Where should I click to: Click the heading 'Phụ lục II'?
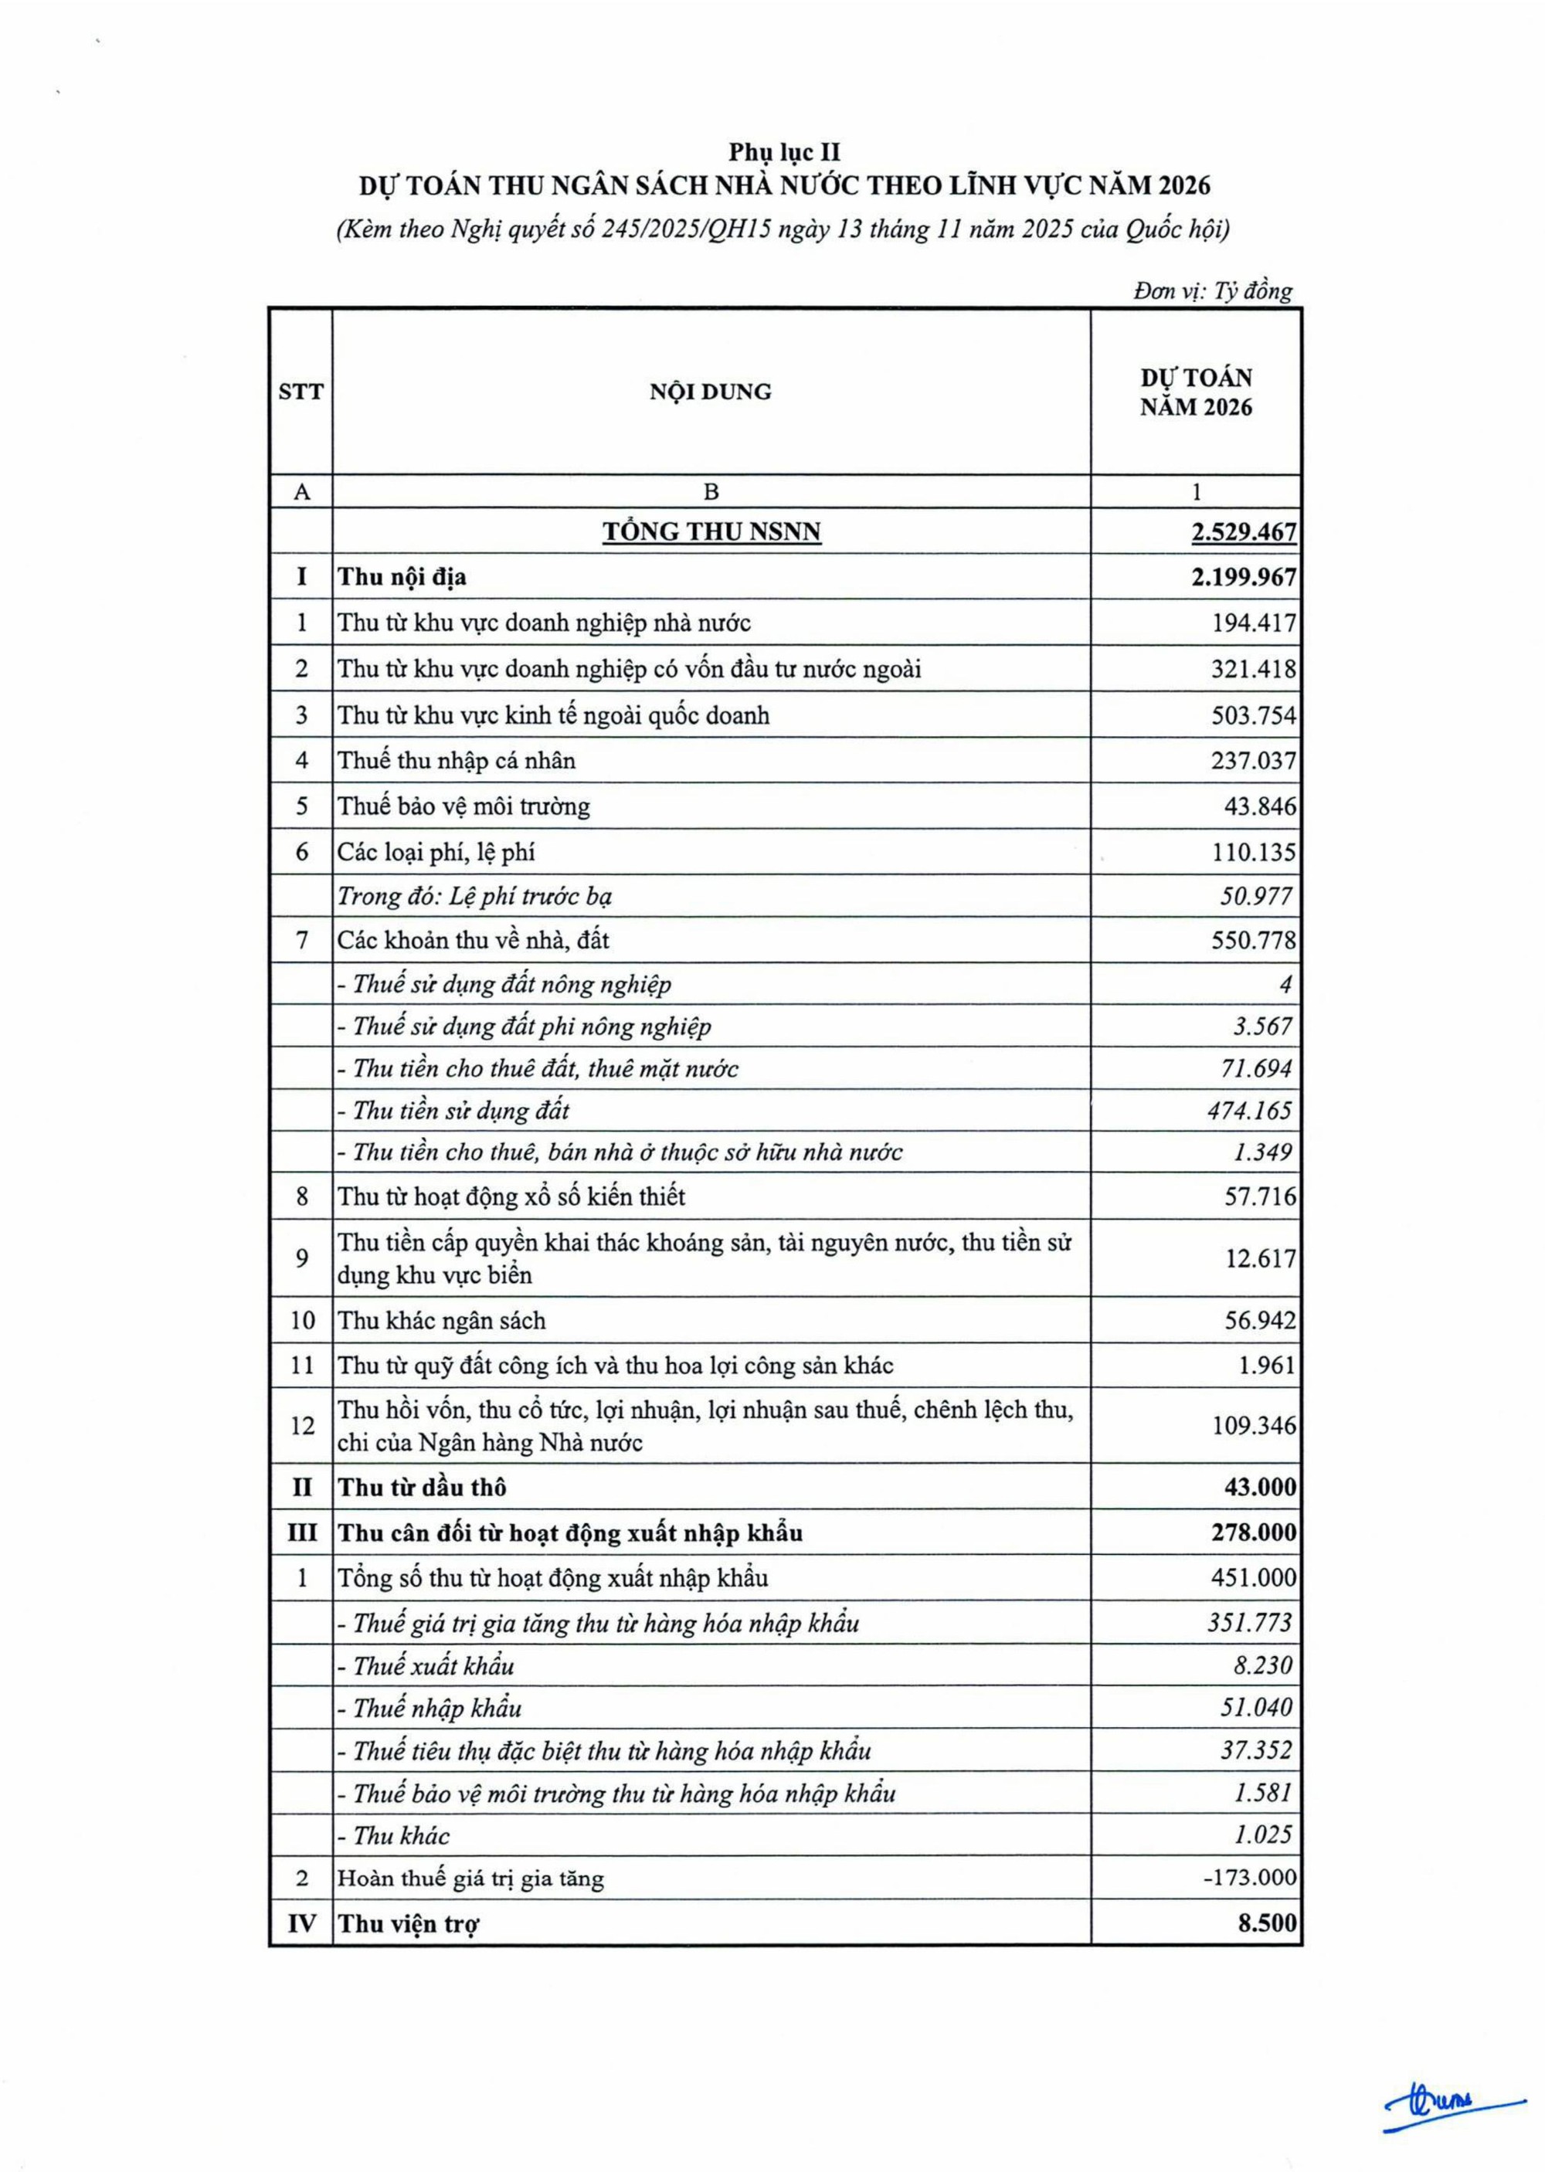[x=785, y=152]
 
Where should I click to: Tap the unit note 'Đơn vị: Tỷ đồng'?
[x=1212, y=291]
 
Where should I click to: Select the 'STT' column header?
[x=301, y=392]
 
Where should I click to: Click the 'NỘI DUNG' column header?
[x=711, y=392]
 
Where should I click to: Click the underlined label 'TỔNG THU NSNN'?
[x=711, y=531]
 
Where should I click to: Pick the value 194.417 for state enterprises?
[x=1253, y=623]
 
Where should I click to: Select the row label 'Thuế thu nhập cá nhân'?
[x=457, y=761]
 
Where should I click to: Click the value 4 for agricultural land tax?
[x=1285, y=984]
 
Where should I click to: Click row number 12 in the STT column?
[x=301, y=1426]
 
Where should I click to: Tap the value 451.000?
[x=1253, y=1579]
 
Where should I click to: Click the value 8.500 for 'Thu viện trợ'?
[x=1266, y=1923]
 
